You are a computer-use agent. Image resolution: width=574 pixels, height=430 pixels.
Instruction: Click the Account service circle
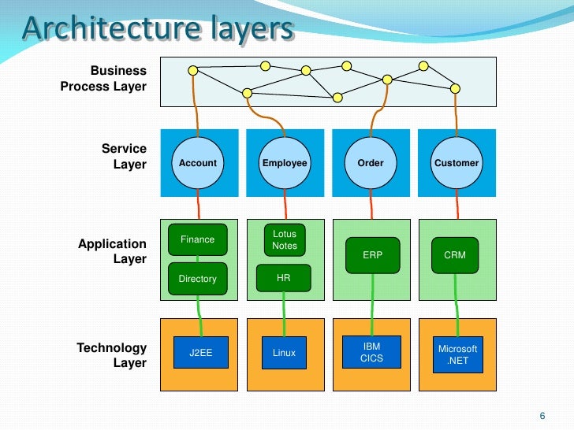pos(198,163)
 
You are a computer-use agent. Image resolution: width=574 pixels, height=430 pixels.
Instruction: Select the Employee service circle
pos(285,163)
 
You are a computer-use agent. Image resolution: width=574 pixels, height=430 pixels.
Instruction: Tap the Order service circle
pos(371,163)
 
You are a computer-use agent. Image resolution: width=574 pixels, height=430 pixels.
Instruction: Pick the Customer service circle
pos(457,163)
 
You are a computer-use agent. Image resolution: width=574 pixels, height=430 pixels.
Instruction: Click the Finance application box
pos(197,239)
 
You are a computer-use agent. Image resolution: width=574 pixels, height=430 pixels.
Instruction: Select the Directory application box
pos(197,279)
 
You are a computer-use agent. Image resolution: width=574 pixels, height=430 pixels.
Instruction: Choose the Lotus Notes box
pos(285,240)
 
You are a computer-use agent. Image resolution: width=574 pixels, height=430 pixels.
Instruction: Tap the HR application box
pos(284,278)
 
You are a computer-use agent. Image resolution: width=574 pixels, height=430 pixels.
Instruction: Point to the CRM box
pos(455,255)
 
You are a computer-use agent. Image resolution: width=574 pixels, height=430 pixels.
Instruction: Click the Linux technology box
pos(284,353)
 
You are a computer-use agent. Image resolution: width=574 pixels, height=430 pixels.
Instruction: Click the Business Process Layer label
pos(103,79)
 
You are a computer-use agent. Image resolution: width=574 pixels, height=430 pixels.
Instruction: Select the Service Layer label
pos(124,156)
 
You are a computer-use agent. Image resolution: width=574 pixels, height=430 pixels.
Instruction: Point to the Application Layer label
pos(112,251)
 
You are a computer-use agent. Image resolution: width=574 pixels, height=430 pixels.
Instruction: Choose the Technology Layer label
pos(111,355)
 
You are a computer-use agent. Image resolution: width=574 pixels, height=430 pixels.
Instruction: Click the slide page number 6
pos(542,416)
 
